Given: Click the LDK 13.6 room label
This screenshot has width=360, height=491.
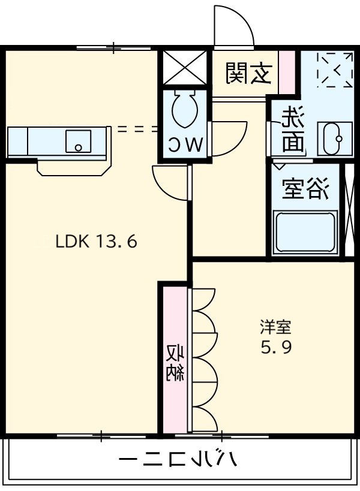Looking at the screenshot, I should (x=97, y=242).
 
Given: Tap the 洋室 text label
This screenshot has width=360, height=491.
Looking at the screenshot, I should (x=275, y=327).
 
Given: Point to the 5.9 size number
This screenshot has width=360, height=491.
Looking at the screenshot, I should (x=275, y=348).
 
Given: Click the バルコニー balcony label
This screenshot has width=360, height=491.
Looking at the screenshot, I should (x=179, y=460).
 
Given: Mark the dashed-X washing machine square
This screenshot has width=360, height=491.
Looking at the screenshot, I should (x=335, y=70).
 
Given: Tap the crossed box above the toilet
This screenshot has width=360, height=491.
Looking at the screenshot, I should (x=184, y=67).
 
